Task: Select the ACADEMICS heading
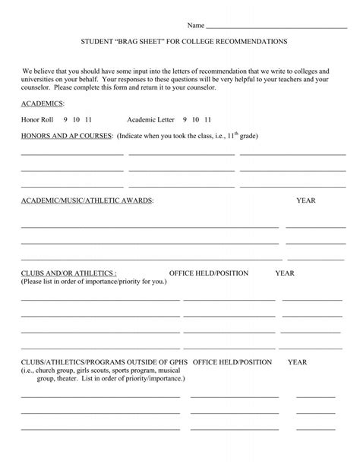[x=43, y=103]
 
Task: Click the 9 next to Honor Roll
[x=66, y=119]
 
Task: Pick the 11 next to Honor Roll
[x=89, y=119]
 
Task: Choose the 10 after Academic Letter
[x=196, y=119]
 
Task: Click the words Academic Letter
[x=150, y=119]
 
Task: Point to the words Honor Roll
[x=38, y=119]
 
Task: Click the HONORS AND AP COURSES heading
[x=67, y=137]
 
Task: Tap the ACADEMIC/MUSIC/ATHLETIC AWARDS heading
[x=87, y=201]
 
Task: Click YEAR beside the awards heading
[x=305, y=201]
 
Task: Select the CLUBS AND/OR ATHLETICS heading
[x=68, y=273]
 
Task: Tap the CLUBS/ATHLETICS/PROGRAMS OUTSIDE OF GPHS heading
[x=105, y=362]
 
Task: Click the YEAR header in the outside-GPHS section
[x=297, y=362]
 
